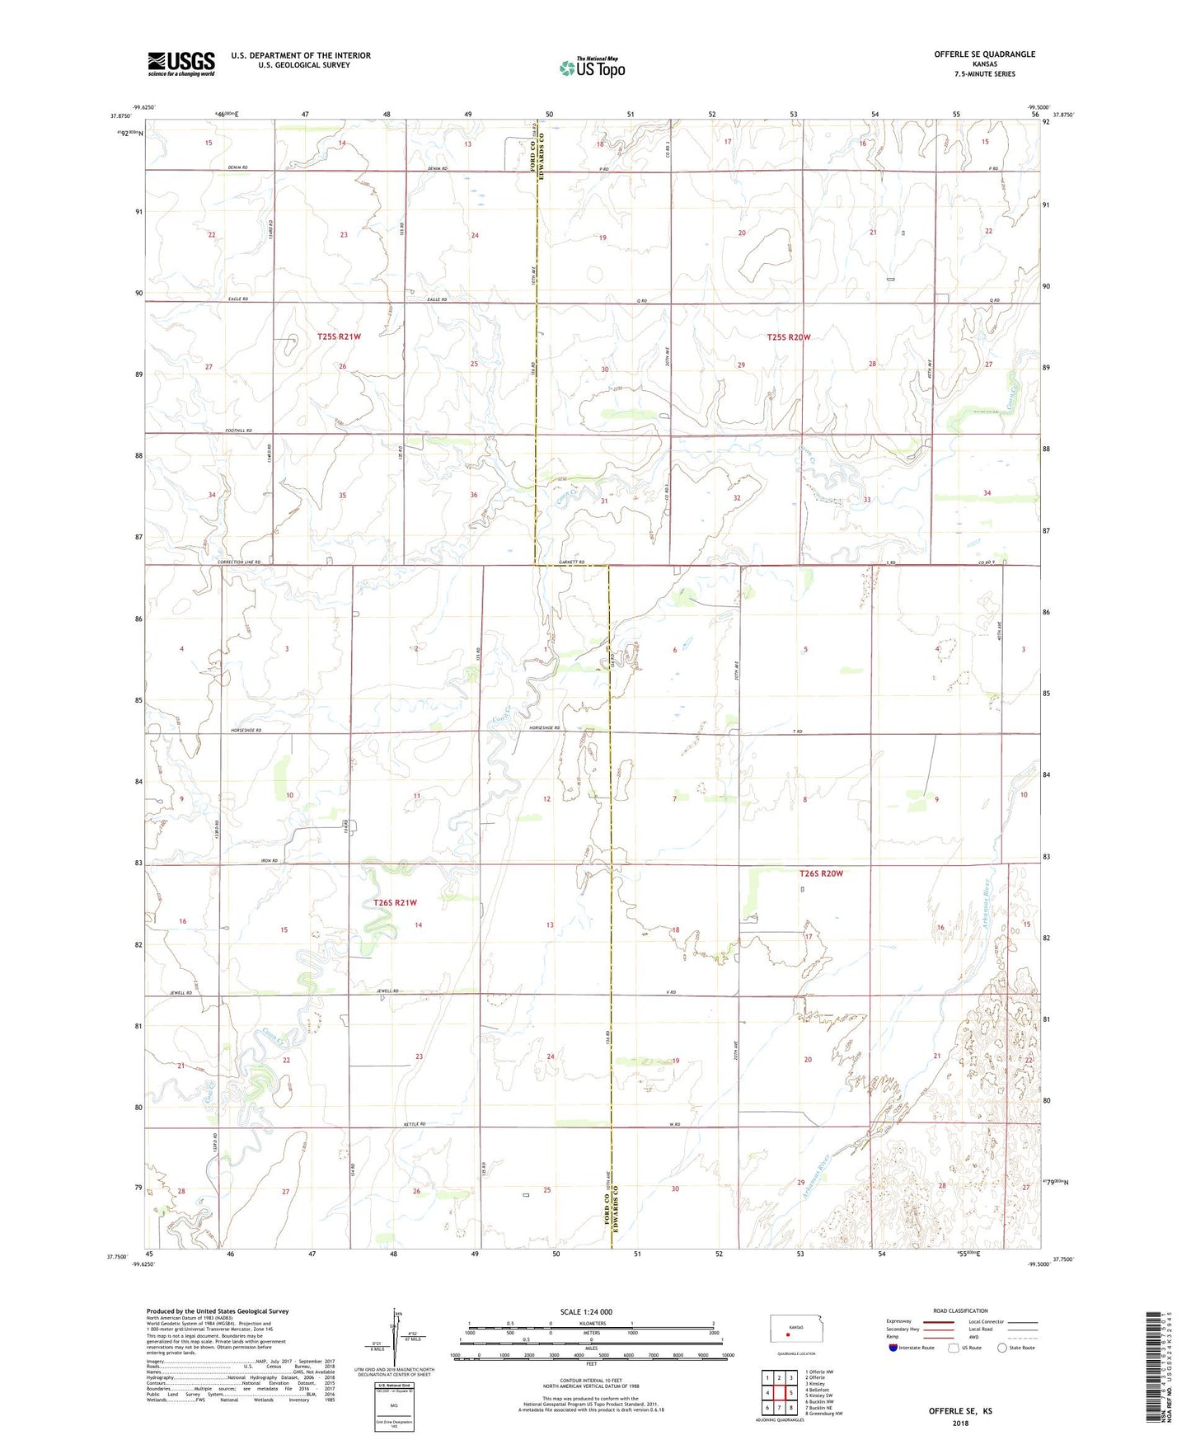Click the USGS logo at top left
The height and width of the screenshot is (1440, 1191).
point(181,64)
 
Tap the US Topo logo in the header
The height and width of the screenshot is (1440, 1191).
point(592,68)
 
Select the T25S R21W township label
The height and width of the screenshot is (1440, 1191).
point(339,336)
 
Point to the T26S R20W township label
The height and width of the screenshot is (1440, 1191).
point(821,873)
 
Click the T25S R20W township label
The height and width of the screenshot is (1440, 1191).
point(789,336)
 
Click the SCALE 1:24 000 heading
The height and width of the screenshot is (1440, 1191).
point(586,1312)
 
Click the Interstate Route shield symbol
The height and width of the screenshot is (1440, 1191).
point(893,1348)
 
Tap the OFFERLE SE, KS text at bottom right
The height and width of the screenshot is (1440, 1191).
point(960,1411)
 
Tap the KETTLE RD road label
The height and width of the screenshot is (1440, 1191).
point(415,1124)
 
